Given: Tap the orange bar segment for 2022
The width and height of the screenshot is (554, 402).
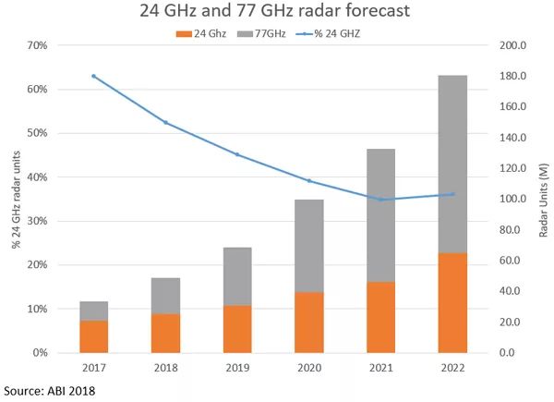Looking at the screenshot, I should pyautogui.click(x=452, y=302).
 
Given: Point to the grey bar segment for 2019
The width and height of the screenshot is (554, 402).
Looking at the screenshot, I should pyautogui.click(x=237, y=276).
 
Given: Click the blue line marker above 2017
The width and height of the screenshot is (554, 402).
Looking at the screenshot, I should pyautogui.click(x=94, y=76).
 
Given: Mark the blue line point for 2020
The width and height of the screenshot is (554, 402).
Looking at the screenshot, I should pyautogui.click(x=308, y=181).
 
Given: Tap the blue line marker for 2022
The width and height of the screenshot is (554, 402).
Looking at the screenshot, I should pyautogui.click(x=452, y=194).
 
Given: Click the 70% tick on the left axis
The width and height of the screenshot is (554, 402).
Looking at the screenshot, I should pyautogui.click(x=38, y=45).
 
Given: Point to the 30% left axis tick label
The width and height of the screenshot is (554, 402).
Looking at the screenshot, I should pyautogui.click(x=38, y=221).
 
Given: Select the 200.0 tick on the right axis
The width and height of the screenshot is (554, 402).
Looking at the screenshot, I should pyautogui.click(x=512, y=45).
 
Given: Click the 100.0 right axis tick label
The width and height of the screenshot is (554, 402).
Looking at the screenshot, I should pyautogui.click(x=512, y=199).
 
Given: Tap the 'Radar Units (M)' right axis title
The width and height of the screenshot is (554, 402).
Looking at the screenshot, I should pyautogui.click(x=543, y=199).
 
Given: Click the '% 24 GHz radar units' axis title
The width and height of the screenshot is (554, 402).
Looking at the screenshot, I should pyautogui.click(x=16, y=199).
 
